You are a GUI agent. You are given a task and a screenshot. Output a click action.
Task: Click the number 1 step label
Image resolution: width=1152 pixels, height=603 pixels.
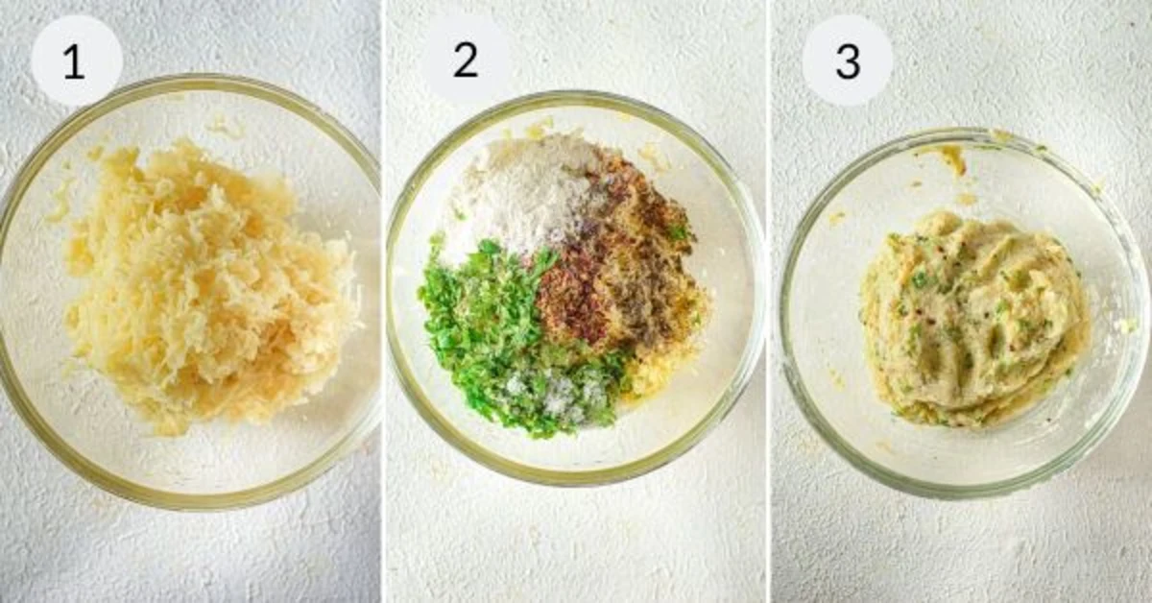[74, 62]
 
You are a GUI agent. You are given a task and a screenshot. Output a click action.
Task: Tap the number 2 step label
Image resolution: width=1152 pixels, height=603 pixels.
[466, 60]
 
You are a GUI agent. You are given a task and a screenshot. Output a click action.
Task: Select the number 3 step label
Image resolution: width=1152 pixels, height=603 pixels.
[848, 61]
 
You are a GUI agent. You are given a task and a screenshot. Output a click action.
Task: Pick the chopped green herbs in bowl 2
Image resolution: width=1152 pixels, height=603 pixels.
[509, 340]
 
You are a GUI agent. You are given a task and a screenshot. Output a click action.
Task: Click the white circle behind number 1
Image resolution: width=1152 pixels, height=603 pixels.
[77, 60]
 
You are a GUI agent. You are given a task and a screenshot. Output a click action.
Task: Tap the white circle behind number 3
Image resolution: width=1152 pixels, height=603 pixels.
[848, 60]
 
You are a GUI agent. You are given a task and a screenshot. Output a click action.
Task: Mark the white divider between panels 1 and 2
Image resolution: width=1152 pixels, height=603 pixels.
[384, 301]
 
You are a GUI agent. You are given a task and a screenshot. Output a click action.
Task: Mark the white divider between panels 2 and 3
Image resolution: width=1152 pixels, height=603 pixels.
[768, 301]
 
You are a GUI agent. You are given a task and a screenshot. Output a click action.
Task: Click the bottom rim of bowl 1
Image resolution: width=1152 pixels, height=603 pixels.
[190, 500]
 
